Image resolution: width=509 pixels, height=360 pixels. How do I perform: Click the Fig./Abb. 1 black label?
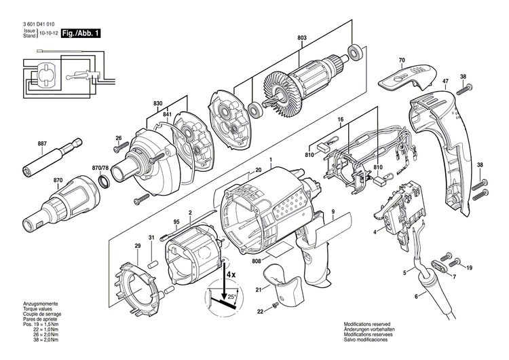point(80,32)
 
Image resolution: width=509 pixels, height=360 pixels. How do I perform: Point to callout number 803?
point(301,38)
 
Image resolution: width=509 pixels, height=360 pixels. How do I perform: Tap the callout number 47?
point(445,83)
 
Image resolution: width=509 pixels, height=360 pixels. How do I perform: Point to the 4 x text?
point(231,274)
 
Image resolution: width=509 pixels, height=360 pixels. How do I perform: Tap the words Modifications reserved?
point(366,325)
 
